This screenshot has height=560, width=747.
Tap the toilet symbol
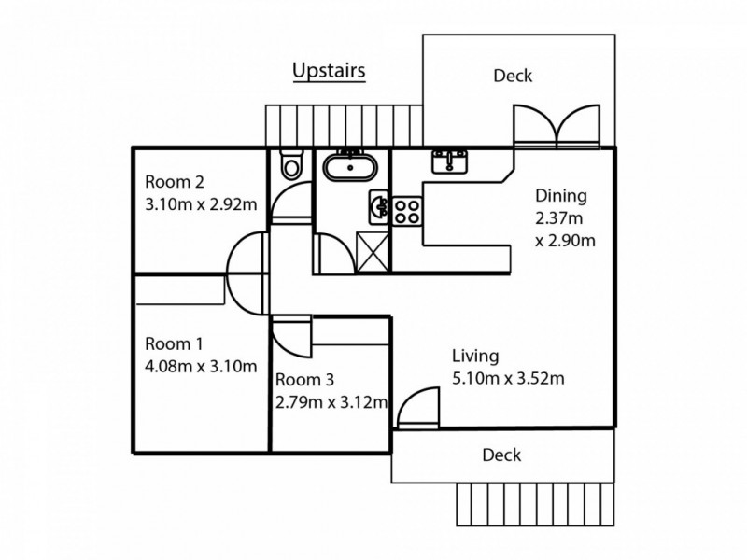coord(292,164)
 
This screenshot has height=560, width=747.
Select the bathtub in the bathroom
coord(350,169)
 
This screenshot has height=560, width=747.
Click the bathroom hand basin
coord(378,205)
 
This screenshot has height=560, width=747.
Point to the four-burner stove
coord(407,210)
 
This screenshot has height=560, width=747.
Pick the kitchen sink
coord(450,161)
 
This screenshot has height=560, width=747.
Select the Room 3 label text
coord(303,381)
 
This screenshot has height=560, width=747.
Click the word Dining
coord(560,196)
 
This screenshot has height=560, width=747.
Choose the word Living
coord(475,356)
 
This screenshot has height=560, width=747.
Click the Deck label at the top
coord(513,76)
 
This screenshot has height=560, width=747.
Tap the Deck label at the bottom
coord(501,455)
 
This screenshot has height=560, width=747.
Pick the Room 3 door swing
coord(288,338)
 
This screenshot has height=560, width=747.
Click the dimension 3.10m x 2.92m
coord(199,204)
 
